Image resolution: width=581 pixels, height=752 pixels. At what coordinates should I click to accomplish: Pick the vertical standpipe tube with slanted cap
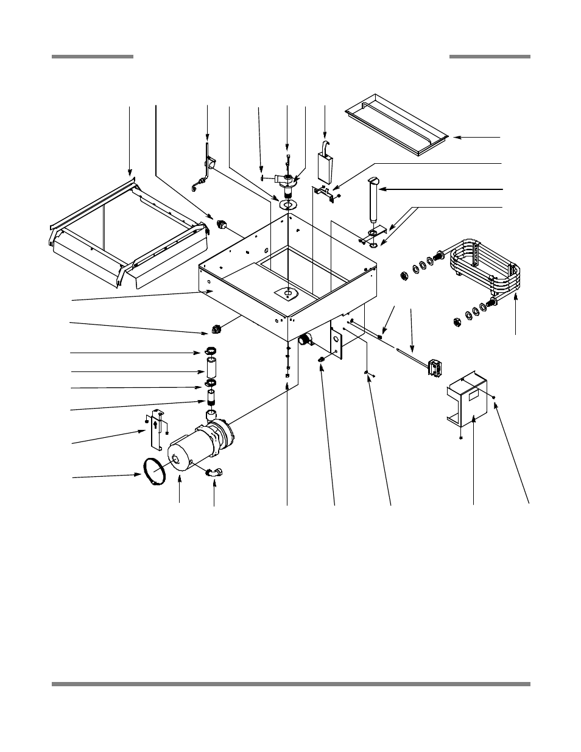pos(373,202)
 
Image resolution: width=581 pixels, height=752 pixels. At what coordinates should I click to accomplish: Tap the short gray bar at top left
pos(92,57)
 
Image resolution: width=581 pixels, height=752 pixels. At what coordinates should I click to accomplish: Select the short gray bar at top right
pos(490,57)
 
